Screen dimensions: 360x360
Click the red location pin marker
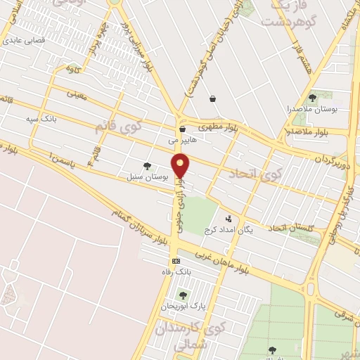coord(181,167)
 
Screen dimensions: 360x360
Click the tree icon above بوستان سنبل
coord(147,166)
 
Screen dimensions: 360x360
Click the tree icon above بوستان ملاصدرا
coord(312,98)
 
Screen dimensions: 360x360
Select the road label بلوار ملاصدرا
coord(307,131)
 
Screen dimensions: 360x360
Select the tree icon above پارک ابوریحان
coord(183,295)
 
